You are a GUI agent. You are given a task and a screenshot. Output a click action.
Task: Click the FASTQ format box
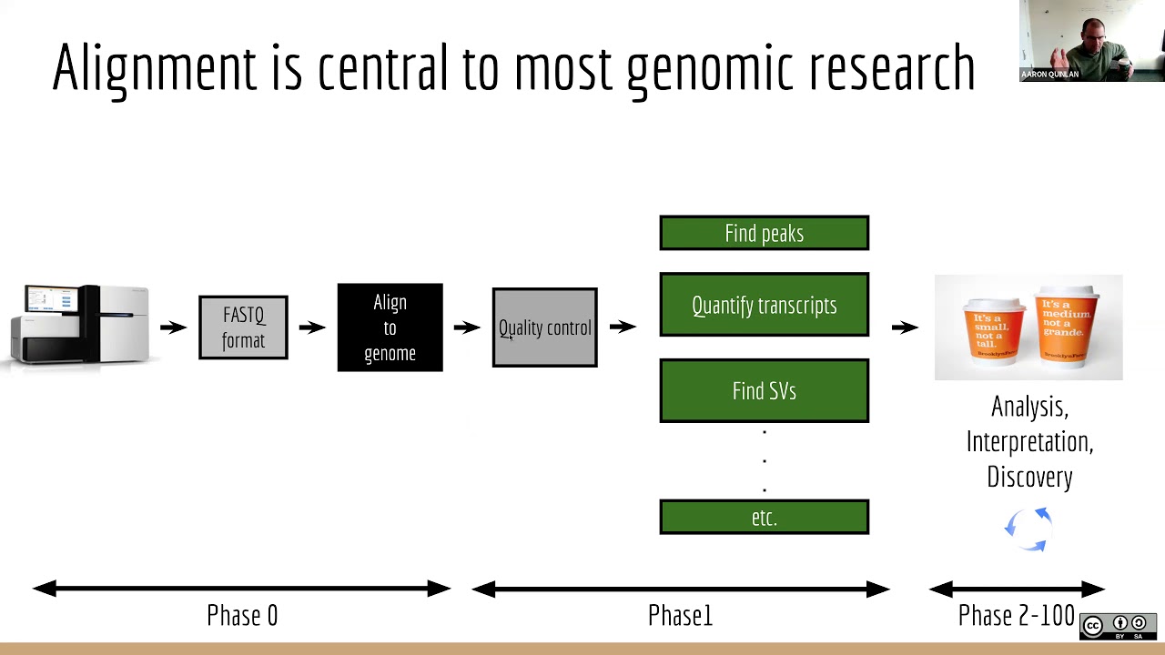click(243, 327)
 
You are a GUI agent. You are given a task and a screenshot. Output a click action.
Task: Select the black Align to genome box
click(390, 327)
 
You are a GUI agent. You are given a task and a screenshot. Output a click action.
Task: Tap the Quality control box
click(544, 327)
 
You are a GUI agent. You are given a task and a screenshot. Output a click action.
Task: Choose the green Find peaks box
click(764, 233)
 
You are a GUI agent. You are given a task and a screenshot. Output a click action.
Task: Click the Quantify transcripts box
click(764, 305)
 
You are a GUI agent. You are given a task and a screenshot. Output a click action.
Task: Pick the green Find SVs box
click(764, 391)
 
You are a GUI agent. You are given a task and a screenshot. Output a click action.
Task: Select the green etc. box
click(764, 517)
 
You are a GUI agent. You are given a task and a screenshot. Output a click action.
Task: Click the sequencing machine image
click(82, 325)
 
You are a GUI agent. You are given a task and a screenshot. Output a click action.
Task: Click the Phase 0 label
click(242, 616)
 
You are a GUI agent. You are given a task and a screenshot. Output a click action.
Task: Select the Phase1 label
click(680, 616)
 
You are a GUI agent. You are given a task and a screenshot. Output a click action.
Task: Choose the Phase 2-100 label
click(1016, 616)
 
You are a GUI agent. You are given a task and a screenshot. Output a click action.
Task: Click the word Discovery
click(1029, 477)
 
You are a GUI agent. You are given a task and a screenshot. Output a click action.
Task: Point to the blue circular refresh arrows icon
click(1028, 529)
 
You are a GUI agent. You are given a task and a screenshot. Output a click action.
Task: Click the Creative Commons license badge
click(1118, 625)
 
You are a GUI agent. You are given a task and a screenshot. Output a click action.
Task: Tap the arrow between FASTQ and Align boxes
click(312, 327)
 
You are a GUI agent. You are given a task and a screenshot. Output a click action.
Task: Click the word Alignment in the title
click(154, 67)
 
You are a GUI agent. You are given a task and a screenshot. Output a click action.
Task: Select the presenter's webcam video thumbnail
click(1091, 41)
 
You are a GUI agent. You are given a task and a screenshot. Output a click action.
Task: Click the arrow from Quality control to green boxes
click(623, 327)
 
